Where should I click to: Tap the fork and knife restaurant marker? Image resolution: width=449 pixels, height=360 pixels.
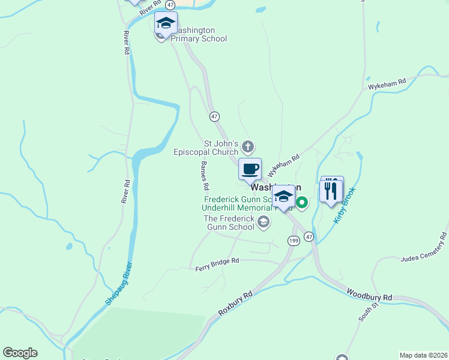pos(331,191)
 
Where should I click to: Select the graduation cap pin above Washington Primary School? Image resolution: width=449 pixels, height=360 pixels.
pos(166,23)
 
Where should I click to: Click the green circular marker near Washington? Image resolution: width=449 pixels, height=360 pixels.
pos(303,204)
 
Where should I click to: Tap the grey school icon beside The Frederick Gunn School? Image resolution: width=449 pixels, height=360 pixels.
pos(263,223)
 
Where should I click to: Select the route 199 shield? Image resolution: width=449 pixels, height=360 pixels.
pos(293,241)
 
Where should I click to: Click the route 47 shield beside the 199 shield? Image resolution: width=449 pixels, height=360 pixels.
pos(309,237)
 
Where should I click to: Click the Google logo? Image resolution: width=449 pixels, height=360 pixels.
pos(20,353)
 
